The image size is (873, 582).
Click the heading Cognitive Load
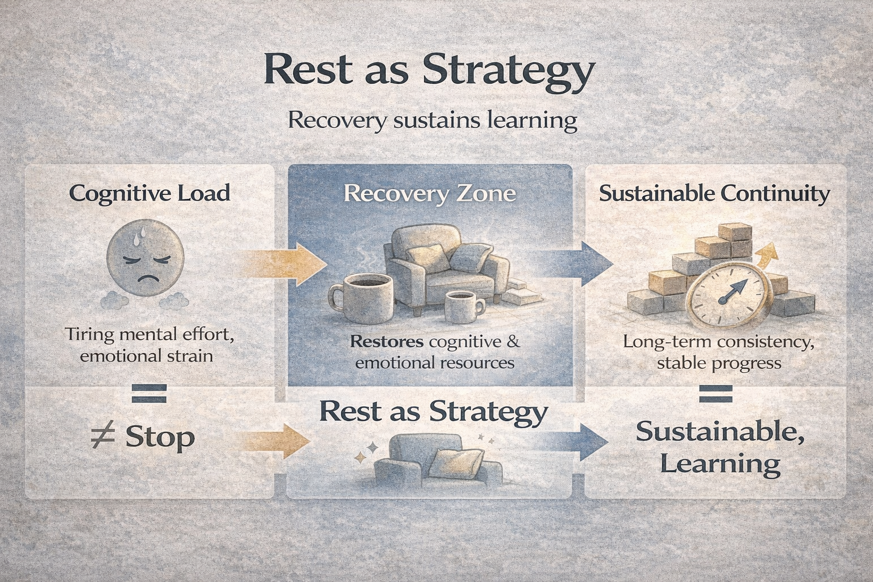[x=149, y=193]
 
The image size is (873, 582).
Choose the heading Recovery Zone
[x=430, y=194]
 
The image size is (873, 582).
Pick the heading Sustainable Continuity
[x=714, y=194]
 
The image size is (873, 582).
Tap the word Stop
[x=160, y=437]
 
